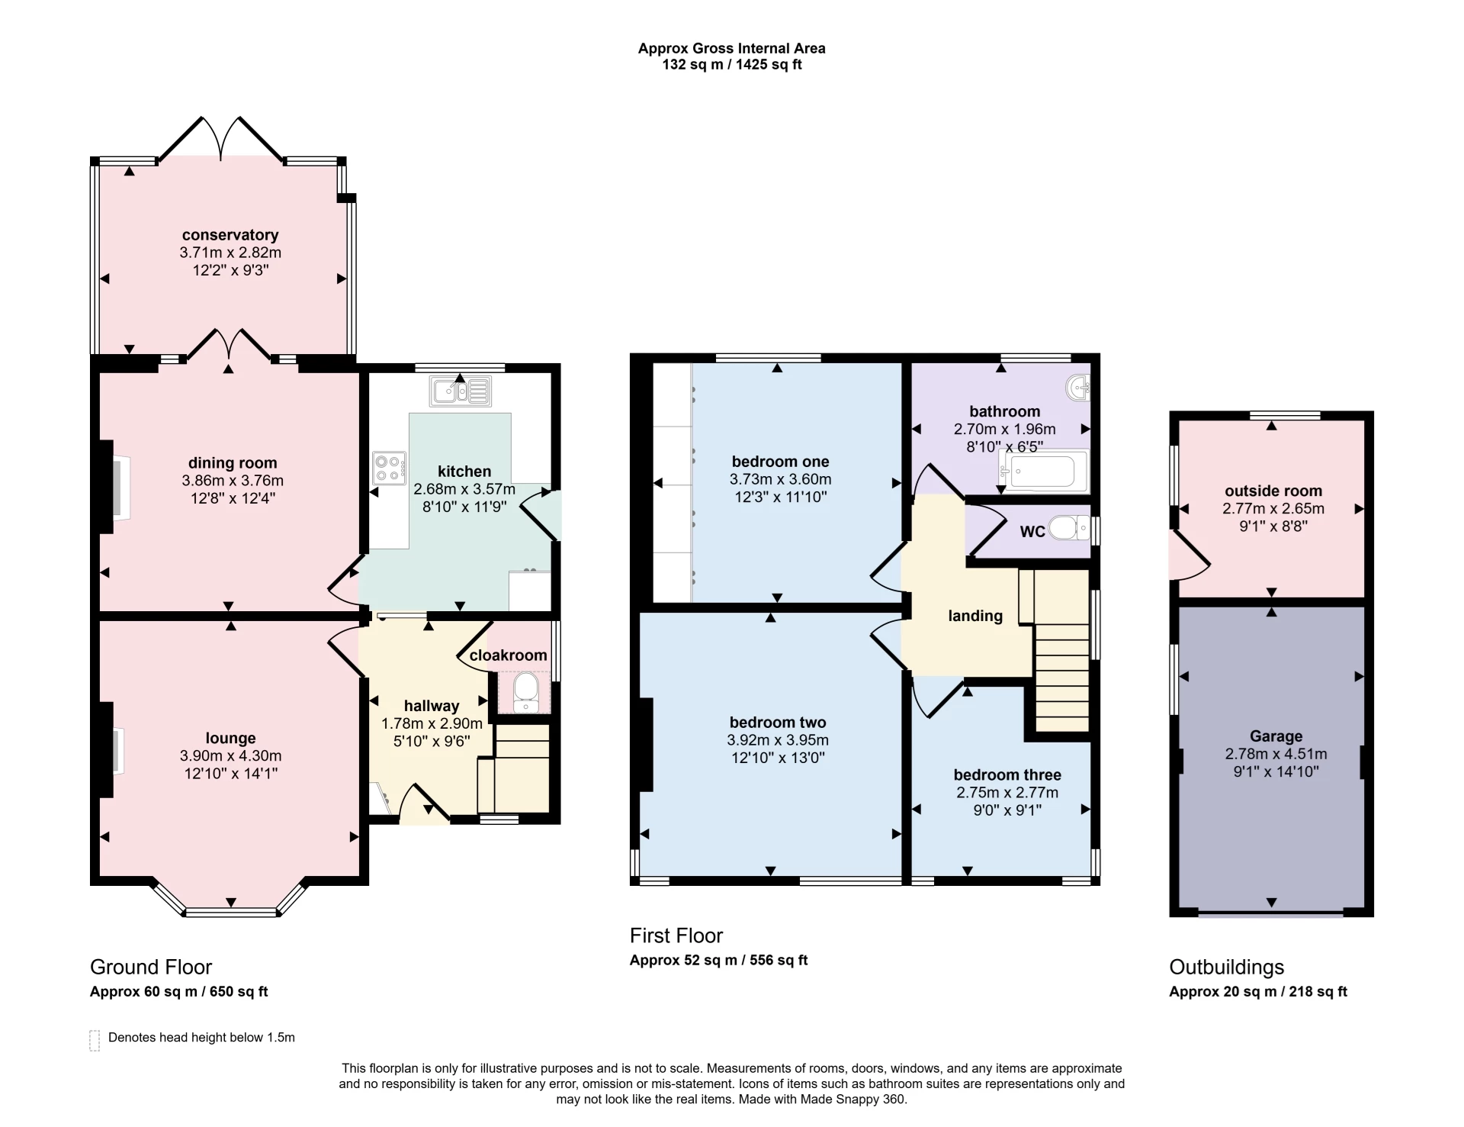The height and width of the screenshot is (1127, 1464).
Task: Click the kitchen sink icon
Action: coord(461,391)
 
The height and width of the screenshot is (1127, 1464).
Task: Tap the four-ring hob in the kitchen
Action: coord(389,468)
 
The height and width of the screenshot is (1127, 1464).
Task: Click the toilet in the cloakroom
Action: coord(525,692)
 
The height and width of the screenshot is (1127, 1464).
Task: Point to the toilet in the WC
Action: coord(1070,528)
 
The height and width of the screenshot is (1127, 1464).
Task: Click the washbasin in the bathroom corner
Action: coord(1080,388)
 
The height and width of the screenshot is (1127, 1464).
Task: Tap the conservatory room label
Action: coord(230,235)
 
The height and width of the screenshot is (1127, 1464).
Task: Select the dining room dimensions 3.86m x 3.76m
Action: coord(233,481)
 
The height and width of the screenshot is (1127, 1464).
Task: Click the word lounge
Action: coord(230,739)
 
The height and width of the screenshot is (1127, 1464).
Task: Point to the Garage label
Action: coord(1276,736)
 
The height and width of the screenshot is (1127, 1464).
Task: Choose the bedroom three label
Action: coord(1007,775)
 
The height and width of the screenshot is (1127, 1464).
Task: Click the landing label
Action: coord(975,616)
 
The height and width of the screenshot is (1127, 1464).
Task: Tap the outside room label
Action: coord(1273,491)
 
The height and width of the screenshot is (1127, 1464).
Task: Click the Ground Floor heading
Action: coord(151,968)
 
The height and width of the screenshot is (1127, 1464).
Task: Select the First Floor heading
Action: coord(676,935)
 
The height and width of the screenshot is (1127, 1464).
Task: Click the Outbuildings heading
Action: coord(1227,968)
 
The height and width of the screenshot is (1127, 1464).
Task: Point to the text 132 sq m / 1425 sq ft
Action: coord(732,65)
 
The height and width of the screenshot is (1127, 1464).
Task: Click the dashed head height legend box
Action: coord(95,1040)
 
